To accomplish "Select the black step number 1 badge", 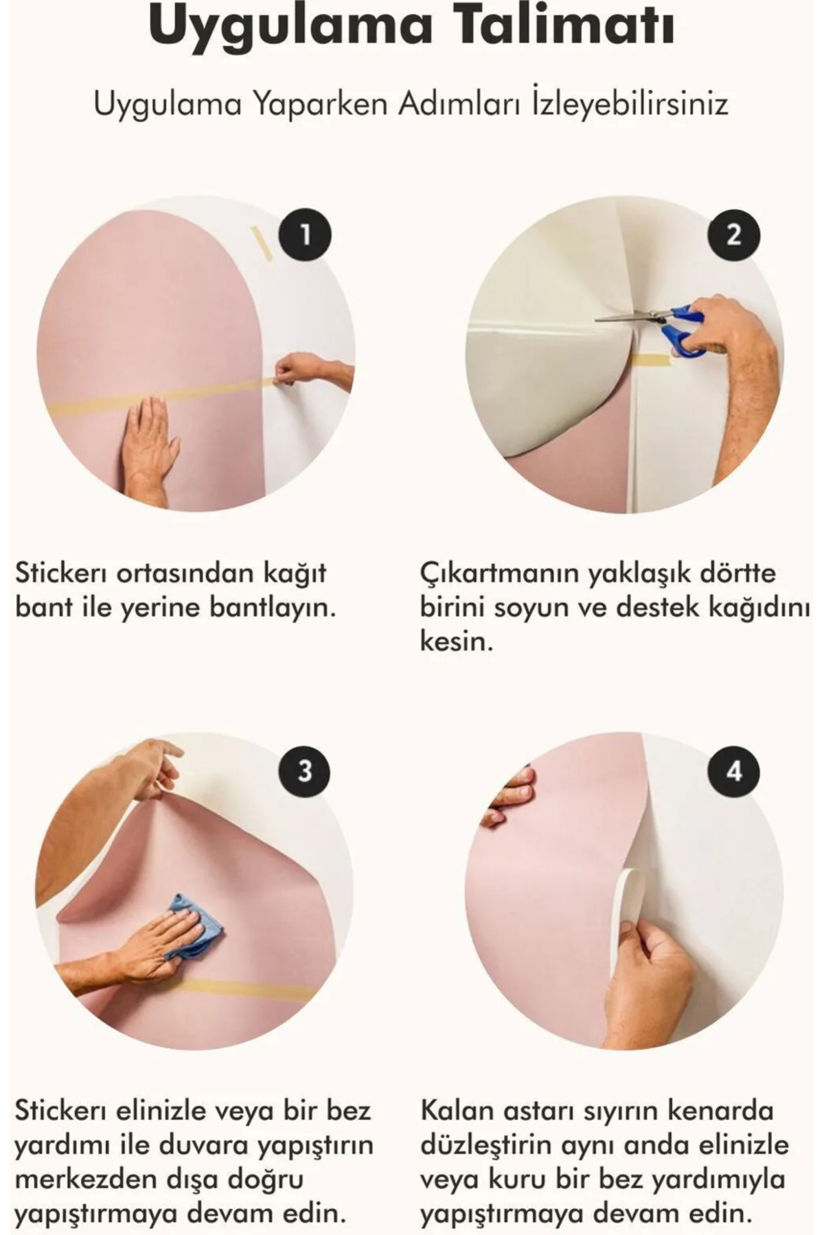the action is (x=305, y=235).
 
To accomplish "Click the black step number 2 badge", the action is (x=734, y=235).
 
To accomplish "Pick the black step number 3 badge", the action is (x=305, y=771).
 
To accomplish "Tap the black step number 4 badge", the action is (x=734, y=771).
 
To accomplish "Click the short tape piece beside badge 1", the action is (x=262, y=244).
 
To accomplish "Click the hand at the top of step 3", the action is (x=148, y=768).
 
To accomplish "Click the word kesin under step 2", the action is (x=456, y=642).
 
